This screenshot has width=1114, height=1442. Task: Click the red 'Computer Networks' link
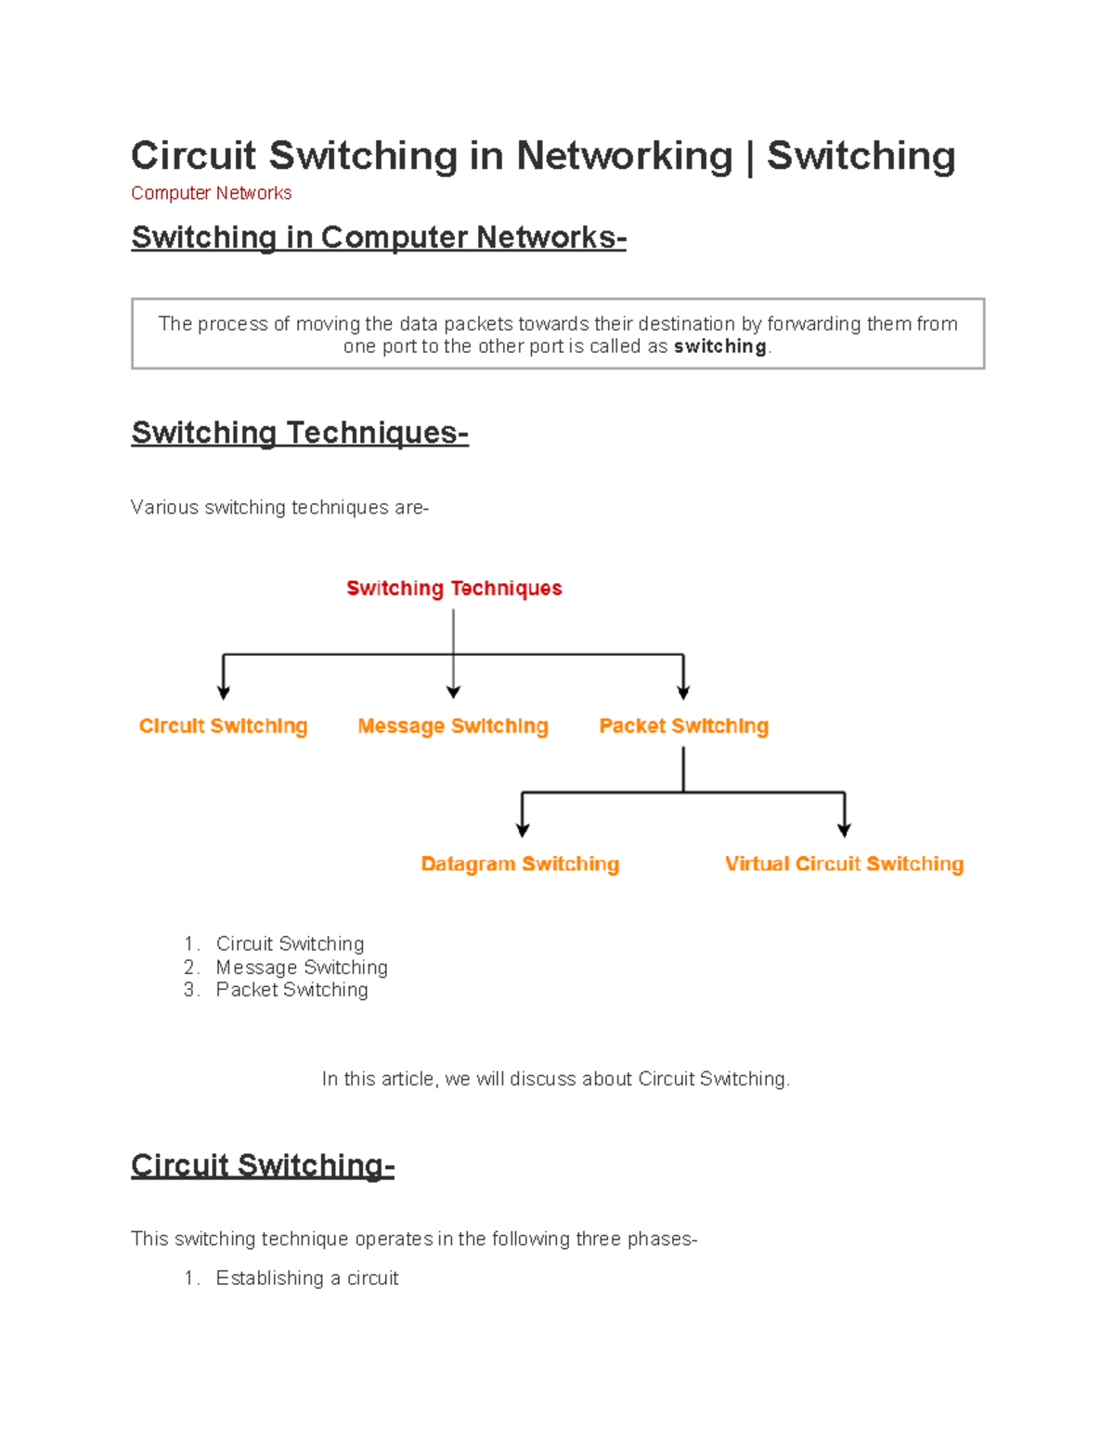[x=211, y=193]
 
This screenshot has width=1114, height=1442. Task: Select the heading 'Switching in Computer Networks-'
[x=378, y=238]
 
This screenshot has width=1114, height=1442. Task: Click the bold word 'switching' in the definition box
[x=719, y=346]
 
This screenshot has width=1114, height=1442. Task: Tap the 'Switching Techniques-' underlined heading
[x=299, y=433]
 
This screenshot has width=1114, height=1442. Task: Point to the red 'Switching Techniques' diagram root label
[x=454, y=589]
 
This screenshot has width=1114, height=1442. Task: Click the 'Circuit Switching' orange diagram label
[x=223, y=726]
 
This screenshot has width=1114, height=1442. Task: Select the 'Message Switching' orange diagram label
[x=453, y=726]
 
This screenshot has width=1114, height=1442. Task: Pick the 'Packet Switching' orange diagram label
[x=683, y=726]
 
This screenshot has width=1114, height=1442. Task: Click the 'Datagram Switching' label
[x=520, y=864]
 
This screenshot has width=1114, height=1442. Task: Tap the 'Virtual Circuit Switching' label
[x=844, y=864]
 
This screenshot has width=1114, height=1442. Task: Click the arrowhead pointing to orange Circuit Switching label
[x=223, y=692]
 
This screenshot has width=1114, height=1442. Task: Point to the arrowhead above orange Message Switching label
[x=453, y=692]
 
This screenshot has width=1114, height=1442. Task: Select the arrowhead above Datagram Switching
[x=523, y=829]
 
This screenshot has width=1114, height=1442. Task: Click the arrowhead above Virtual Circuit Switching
[x=844, y=829]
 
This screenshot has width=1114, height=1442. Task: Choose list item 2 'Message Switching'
[x=302, y=968]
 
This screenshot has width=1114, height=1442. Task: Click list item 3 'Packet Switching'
[x=291, y=990]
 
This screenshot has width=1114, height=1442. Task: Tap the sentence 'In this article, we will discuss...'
[x=555, y=1079]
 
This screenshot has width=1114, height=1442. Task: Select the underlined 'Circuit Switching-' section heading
[x=263, y=1165]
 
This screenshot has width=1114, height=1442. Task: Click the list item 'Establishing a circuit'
[x=307, y=1279]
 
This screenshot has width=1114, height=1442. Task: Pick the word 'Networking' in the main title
[x=624, y=156]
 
